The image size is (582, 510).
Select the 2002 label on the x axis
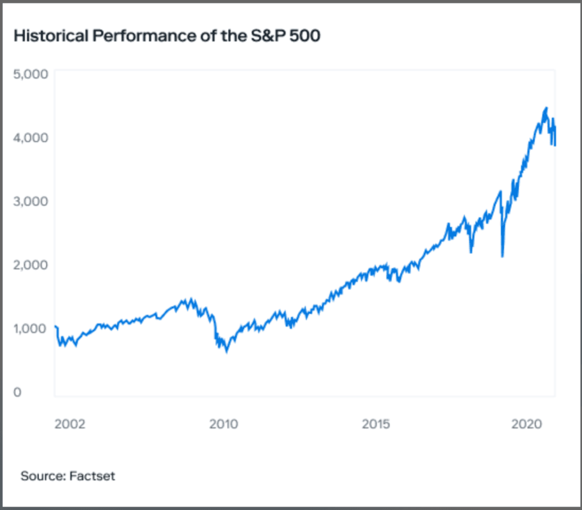click(x=70, y=424)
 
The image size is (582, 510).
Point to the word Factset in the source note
click(x=92, y=476)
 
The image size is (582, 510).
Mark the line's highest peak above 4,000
click(x=546, y=107)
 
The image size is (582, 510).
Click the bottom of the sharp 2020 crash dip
click(x=502, y=256)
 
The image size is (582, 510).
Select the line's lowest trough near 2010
click(x=227, y=352)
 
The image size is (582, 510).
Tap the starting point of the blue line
click(x=55, y=326)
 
